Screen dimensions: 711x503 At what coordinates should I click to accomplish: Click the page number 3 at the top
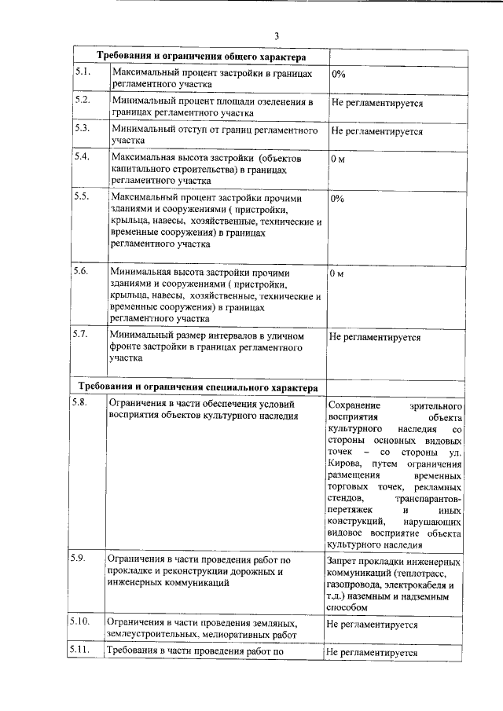[277, 35]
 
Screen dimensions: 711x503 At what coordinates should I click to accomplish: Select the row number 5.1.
[83, 72]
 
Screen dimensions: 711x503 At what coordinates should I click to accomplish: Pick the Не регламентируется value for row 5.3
[376, 131]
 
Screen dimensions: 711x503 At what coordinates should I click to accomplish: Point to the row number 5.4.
[83, 156]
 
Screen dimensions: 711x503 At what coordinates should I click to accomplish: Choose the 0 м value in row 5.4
[338, 159]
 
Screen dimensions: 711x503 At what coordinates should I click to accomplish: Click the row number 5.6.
[83, 271]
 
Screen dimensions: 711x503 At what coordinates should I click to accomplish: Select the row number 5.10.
[86, 621]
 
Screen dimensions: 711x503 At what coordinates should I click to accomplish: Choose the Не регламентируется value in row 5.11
[371, 652]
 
